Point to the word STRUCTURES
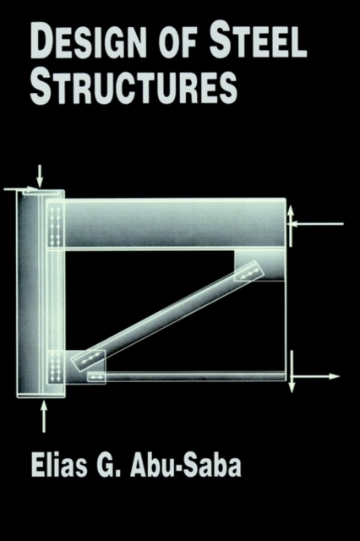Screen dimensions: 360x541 point(134,86)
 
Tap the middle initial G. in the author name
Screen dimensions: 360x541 point(108,467)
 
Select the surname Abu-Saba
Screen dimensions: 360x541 point(186,467)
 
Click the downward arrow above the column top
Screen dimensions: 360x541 point(40,176)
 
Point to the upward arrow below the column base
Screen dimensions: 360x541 point(43,417)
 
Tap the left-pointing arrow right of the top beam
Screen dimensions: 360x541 point(317,224)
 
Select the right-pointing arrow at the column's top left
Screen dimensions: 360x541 point(21,189)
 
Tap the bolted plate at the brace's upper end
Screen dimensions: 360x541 point(249,270)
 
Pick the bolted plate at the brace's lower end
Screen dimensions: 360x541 point(88,361)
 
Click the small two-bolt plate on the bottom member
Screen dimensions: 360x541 point(96,377)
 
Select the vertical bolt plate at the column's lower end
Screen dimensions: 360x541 point(55,367)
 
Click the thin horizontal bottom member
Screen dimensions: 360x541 point(195,376)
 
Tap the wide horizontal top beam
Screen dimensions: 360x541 point(174,223)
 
